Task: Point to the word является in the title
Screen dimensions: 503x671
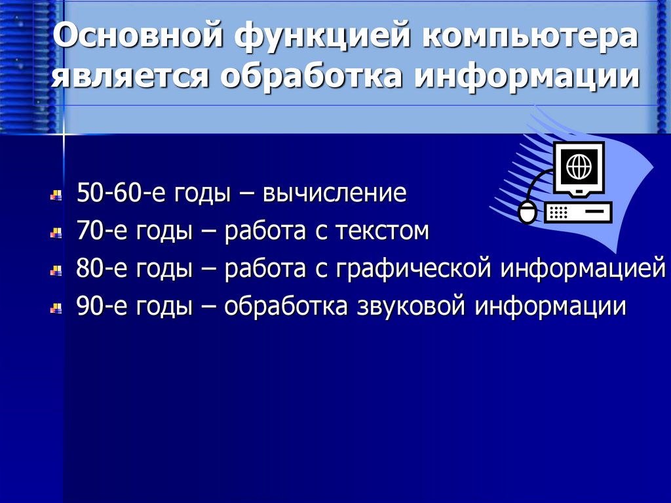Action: point(130,77)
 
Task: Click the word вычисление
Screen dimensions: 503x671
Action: point(335,193)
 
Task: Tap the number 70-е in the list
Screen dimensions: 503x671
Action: point(100,231)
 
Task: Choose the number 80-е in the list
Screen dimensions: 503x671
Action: point(100,270)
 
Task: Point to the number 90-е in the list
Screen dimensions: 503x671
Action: point(100,307)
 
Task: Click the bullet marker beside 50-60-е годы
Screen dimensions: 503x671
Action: point(58,195)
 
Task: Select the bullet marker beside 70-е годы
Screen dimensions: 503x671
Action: point(58,233)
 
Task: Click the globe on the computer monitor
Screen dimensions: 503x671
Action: point(579,167)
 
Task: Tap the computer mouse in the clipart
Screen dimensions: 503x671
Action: point(527,212)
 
